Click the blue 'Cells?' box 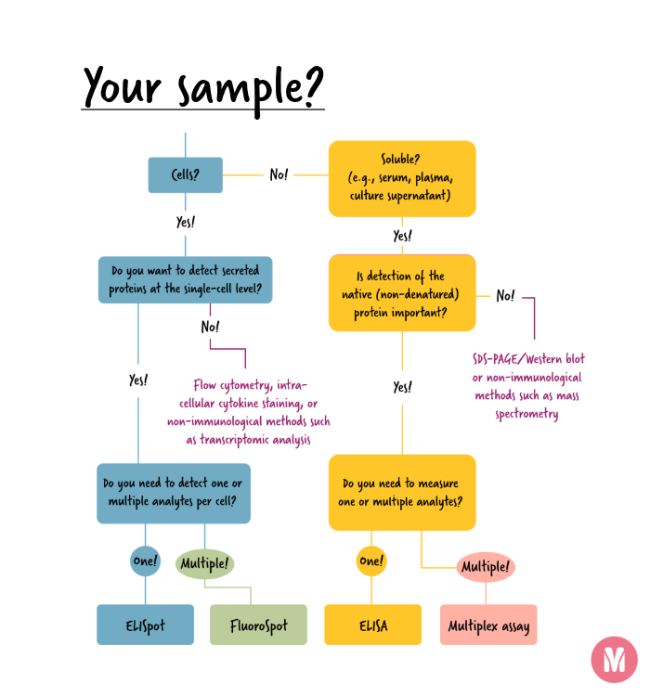click(185, 174)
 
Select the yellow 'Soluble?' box click(401, 177)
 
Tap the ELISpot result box click(145, 625)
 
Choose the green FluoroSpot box click(257, 625)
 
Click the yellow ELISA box click(372, 625)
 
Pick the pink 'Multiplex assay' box click(488, 625)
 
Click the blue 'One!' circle click(145, 561)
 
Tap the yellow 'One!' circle click(371, 561)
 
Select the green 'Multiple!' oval click(204, 563)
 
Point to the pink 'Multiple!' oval click(484, 566)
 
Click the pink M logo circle click(614, 660)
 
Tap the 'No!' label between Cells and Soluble click(279, 174)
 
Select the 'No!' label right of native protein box click(505, 295)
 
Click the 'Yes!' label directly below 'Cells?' click(185, 223)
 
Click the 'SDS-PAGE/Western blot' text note click(527, 386)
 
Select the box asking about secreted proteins click(185, 280)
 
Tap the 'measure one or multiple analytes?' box click(401, 493)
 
